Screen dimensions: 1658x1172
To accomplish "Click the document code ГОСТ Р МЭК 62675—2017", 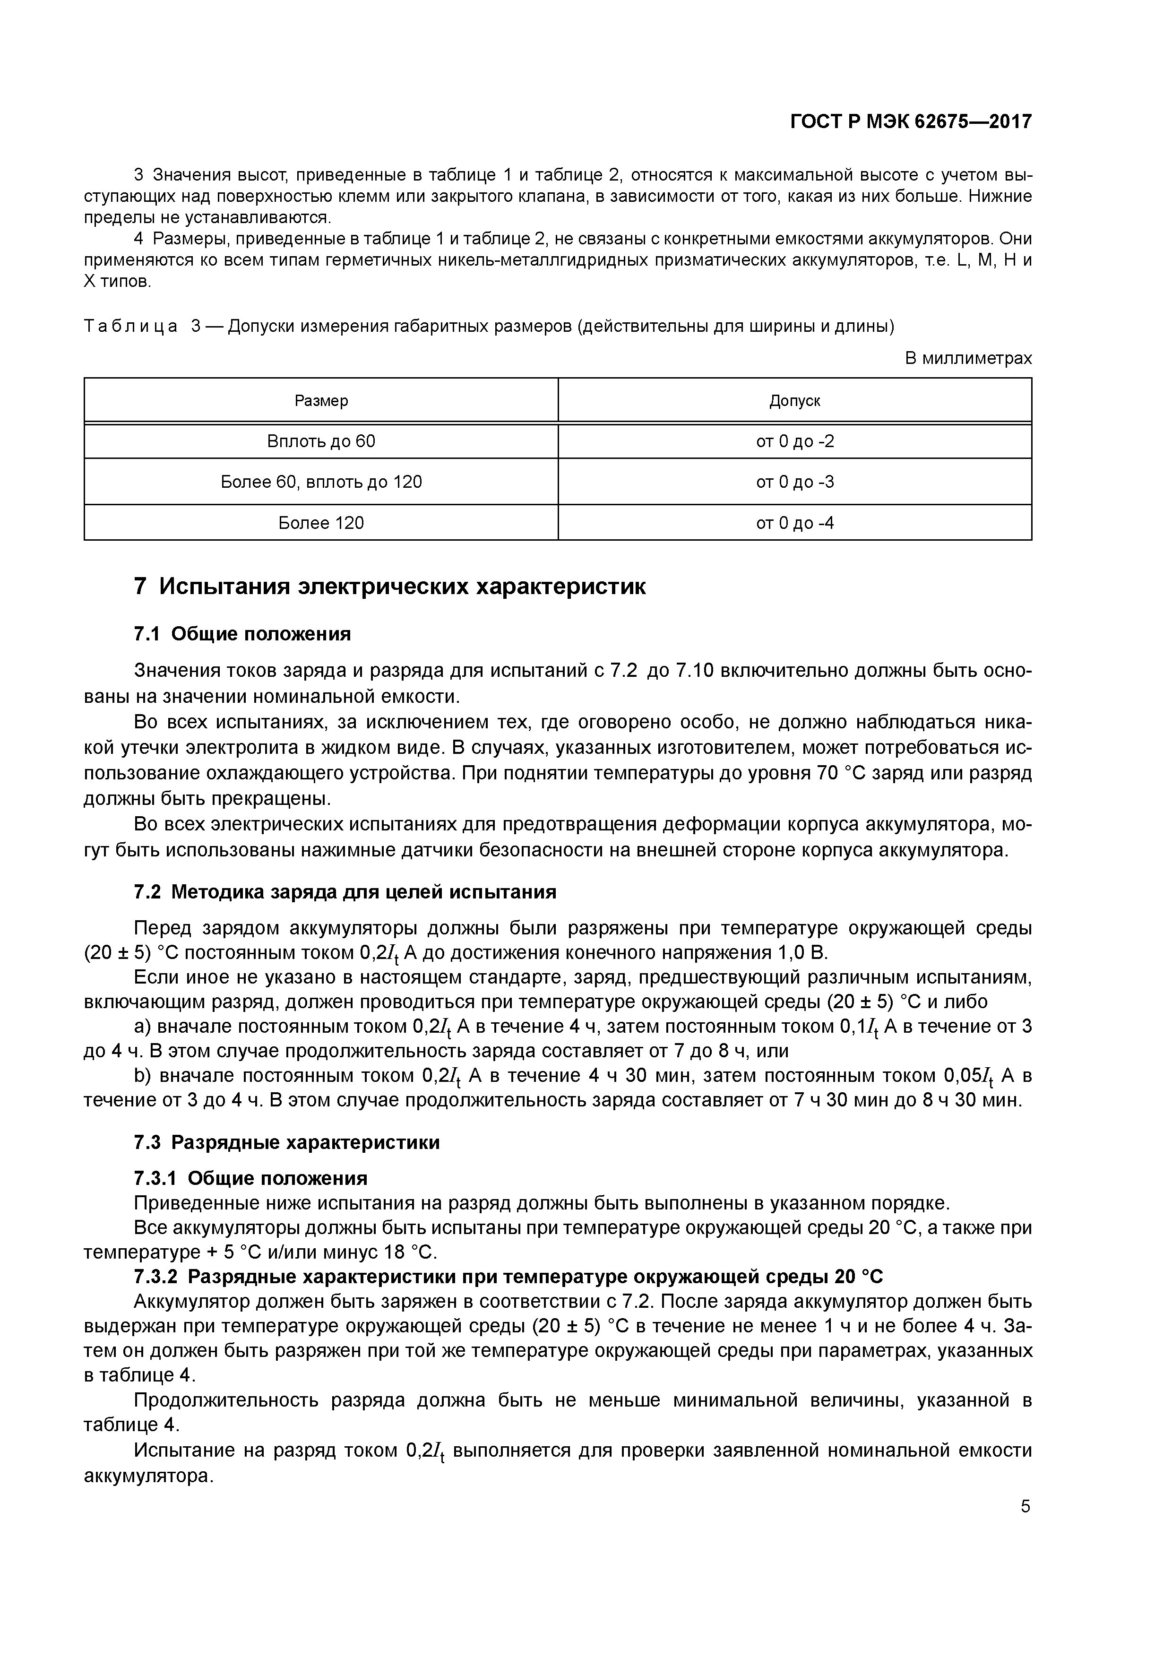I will pos(911,122).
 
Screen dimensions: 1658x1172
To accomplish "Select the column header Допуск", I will pos(794,401).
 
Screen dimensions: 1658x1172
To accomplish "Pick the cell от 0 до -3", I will pos(794,482).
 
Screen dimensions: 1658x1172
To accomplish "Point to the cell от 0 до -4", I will pos(794,523).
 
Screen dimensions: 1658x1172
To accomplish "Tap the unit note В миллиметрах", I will pos(968,358).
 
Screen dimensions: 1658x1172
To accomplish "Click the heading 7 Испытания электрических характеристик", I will pos(390,587).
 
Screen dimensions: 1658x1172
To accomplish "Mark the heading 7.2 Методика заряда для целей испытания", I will pos(345,892).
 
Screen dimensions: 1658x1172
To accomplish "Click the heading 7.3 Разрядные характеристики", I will pos(287,1142).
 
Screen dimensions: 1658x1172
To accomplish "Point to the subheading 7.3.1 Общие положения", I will pos(250,1178).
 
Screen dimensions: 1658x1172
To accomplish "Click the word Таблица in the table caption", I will pos(131,327).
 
